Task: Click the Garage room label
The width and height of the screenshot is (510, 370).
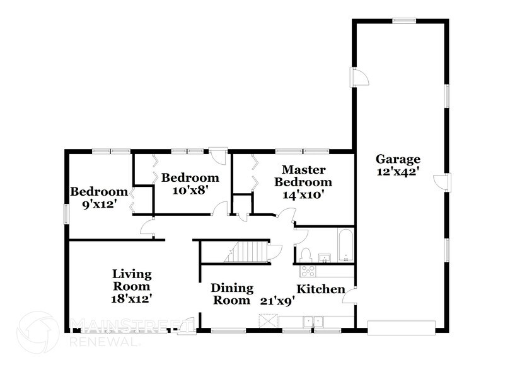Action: tap(398, 159)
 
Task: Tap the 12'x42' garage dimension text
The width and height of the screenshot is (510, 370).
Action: tap(398, 171)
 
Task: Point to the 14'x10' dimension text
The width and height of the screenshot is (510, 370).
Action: tap(303, 194)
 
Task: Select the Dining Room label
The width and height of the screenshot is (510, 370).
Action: tap(231, 294)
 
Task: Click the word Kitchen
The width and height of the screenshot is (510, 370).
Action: tap(321, 289)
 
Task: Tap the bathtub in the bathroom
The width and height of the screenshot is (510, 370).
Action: tap(345, 245)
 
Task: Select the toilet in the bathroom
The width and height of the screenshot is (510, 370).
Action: tap(306, 254)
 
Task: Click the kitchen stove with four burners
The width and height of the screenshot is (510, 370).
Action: tap(308, 271)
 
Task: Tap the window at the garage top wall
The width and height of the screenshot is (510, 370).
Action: tap(403, 21)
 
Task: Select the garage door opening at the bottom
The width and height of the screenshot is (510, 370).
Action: tap(401, 327)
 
